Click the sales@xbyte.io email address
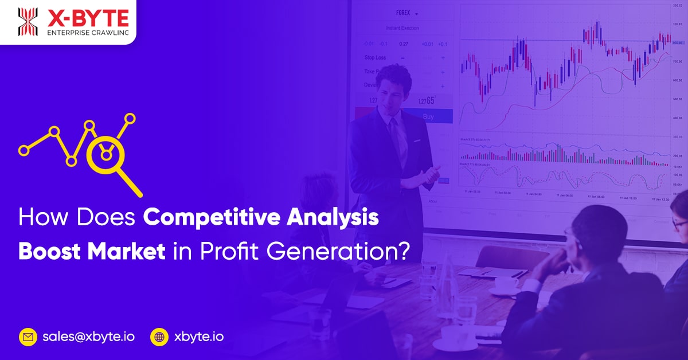(88, 336)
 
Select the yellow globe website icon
(159, 336)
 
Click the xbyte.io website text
(198, 336)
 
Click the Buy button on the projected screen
(428, 116)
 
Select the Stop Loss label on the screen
(376, 57)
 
